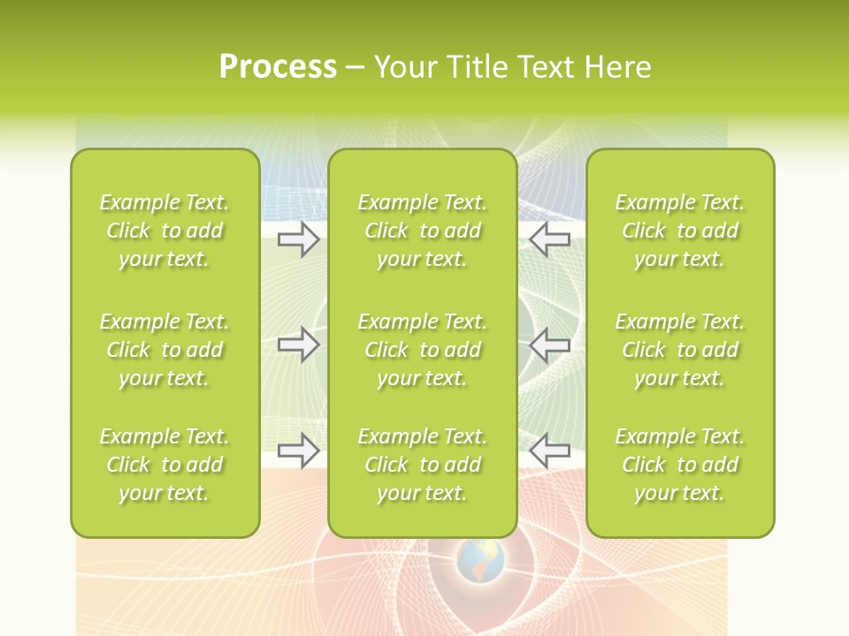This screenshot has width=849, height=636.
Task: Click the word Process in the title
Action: [278, 67]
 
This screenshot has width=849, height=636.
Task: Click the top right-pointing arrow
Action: [299, 238]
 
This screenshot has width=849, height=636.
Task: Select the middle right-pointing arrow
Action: [299, 344]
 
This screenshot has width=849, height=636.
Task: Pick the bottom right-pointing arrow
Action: [299, 450]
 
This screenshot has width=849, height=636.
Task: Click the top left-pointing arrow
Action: [550, 238]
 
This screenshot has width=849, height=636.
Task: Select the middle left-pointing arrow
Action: [550, 344]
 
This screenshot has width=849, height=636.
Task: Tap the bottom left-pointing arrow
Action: [550, 450]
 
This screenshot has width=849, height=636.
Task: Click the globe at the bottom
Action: [480, 561]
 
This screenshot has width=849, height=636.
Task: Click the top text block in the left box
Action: [164, 231]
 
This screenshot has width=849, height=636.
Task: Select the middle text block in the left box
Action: [164, 350]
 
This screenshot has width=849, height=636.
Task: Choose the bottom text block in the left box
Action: [164, 465]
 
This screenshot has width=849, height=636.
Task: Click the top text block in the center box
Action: [423, 231]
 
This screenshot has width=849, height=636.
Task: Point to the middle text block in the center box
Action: [423, 350]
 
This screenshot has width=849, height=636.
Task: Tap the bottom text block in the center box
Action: [423, 465]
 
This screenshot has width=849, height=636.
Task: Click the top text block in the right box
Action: [680, 231]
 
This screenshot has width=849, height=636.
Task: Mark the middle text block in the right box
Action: [680, 350]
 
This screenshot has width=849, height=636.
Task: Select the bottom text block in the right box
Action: [680, 465]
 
